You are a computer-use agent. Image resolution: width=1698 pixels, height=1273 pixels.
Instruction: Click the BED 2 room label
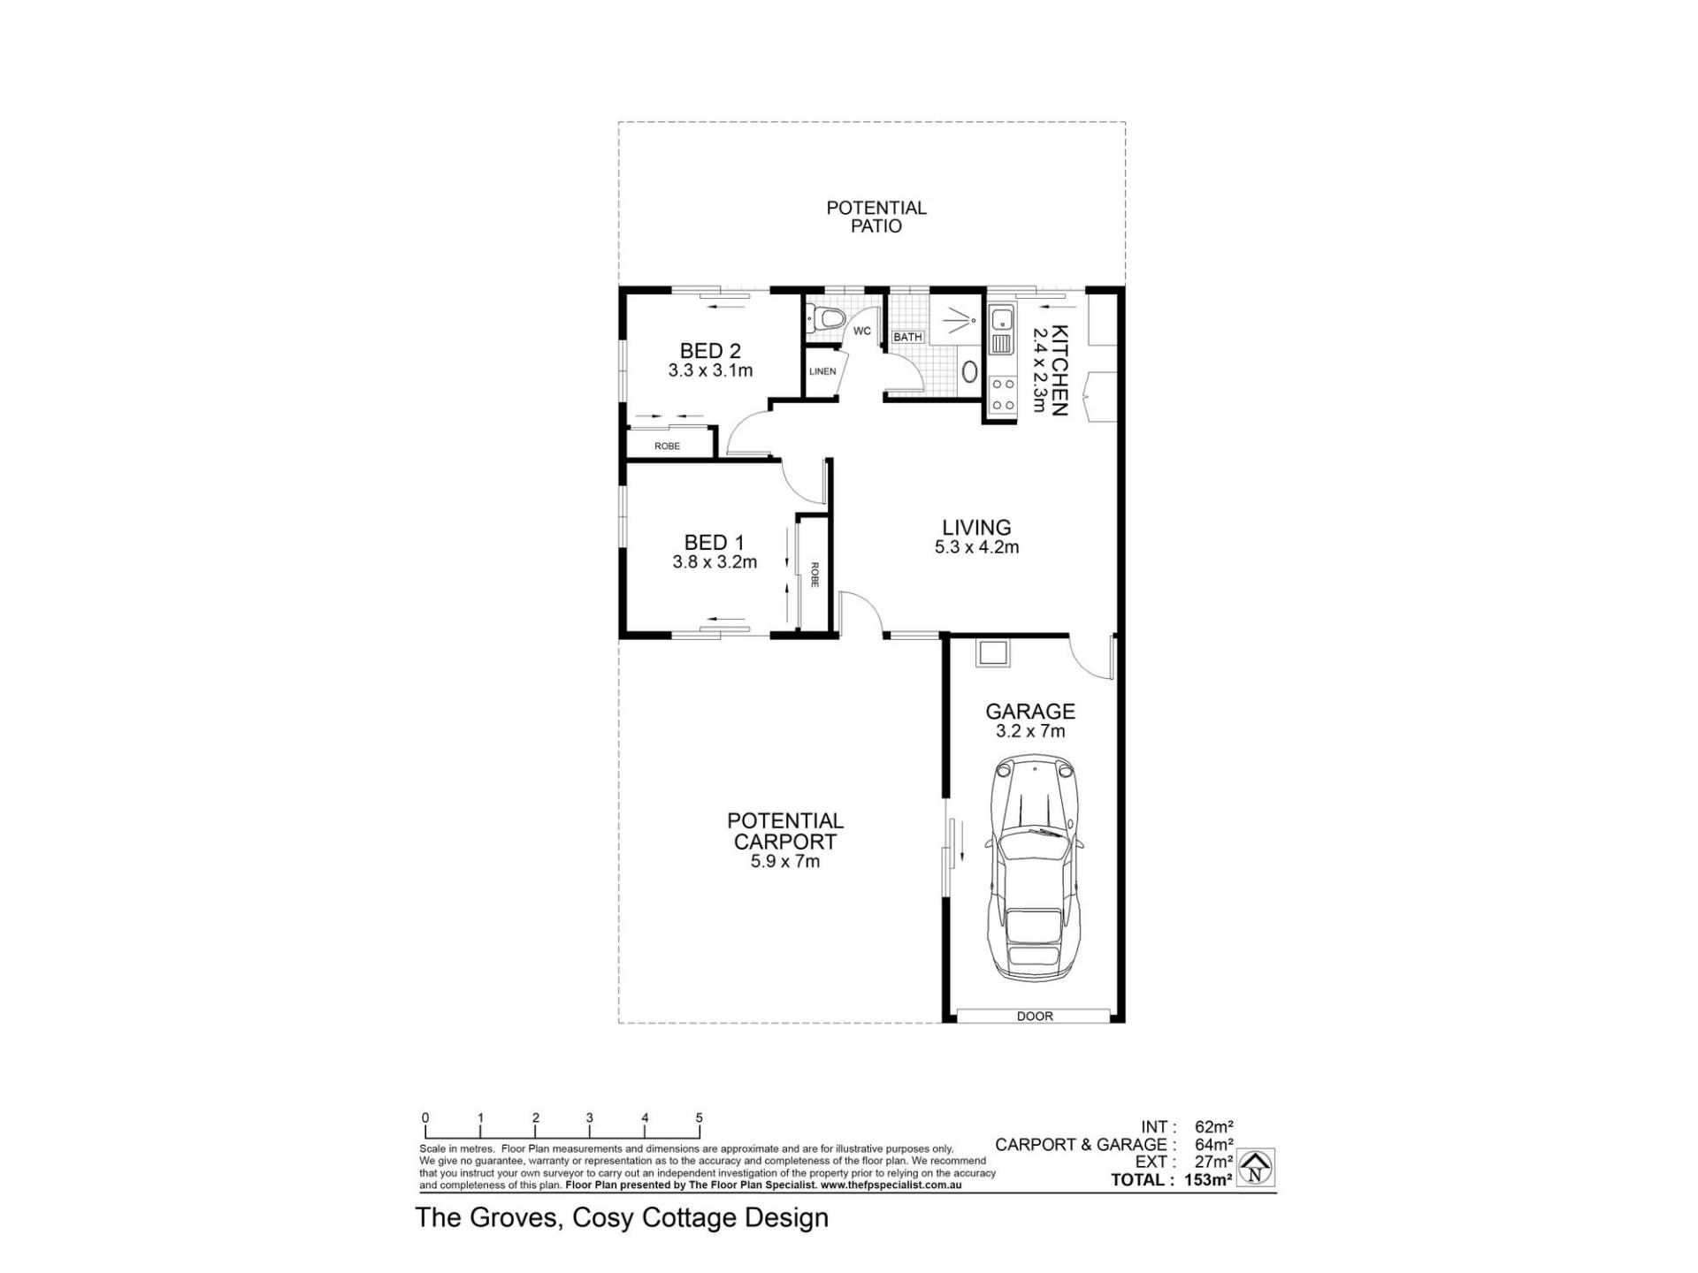[x=710, y=351]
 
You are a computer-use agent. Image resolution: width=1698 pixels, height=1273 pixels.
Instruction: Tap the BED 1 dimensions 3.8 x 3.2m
[x=715, y=562]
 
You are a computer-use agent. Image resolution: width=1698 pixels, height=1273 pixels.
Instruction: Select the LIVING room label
[x=976, y=528]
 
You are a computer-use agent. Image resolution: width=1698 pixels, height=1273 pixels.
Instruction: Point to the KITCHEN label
[x=1060, y=370]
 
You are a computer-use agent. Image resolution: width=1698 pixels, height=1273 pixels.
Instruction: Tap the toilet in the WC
[x=825, y=317]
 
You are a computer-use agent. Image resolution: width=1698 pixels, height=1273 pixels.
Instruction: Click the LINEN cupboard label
[x=822, y=371]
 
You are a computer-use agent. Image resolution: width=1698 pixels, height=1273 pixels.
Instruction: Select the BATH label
[x=907, y=337]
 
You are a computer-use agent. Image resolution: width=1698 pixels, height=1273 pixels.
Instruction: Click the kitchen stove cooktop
[x=1003, y=394]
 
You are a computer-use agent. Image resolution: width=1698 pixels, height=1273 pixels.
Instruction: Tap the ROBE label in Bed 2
[x=667, y=446]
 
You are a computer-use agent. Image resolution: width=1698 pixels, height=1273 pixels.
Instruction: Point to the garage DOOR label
[x=1035, y=1017]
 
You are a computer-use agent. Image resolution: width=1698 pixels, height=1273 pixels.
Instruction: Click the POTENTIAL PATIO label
[x=876, y=217]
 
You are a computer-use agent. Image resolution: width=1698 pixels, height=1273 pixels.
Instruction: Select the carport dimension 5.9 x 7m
[x=785, y=862]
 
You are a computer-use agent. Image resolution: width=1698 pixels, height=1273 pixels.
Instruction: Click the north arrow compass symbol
[x=1255, y=1167]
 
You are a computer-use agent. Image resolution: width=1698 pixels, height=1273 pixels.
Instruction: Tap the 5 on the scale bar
[x=699, y=1117]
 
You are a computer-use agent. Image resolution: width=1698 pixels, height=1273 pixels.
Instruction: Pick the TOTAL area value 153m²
[x=1208, y=1179]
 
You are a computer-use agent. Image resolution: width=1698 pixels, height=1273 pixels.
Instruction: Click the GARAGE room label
[x=1030, y=712]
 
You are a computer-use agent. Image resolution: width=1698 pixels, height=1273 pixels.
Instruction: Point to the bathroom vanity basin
[x=970, y=371]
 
